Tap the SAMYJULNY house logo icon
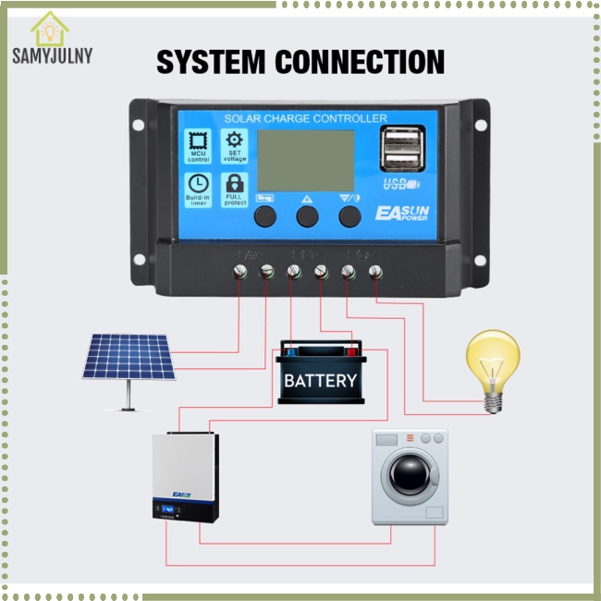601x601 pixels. [x=49, y=29]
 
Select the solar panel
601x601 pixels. [x=129, y=359]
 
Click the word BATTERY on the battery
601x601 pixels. [x=320, y=380]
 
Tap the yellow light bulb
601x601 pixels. [x=493, y=364]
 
